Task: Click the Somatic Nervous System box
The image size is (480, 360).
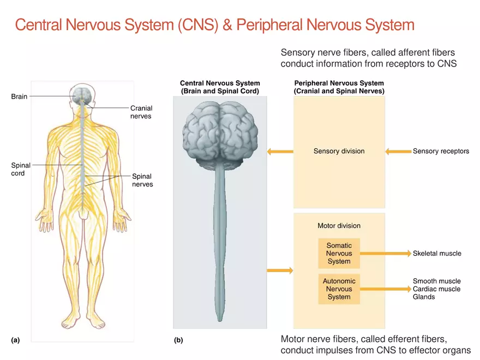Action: tap(339, 253)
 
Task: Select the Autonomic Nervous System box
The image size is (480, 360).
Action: tap(339, 289)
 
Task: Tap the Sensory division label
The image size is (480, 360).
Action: tap(339, 151)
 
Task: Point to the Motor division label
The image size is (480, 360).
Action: tap(339, 225)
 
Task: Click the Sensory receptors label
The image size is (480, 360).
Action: tap(441, 151)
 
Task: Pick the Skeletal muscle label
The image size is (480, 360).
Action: tap(437, 253)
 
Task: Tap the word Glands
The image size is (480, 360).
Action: tap(424, 297)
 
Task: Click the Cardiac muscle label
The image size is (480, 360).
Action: tap(436, 289)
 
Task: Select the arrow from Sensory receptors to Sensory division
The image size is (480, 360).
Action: tap(397, 151)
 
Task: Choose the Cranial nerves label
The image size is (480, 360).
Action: tap(141, 112)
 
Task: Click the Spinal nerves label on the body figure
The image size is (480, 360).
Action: tap(142, 180)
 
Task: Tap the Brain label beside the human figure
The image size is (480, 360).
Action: tap(19, 97)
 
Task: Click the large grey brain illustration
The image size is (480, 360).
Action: tap(220, 134)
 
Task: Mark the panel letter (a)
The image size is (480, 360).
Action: tap(15, 340)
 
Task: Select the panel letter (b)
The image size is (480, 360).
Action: tap(178, 340)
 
